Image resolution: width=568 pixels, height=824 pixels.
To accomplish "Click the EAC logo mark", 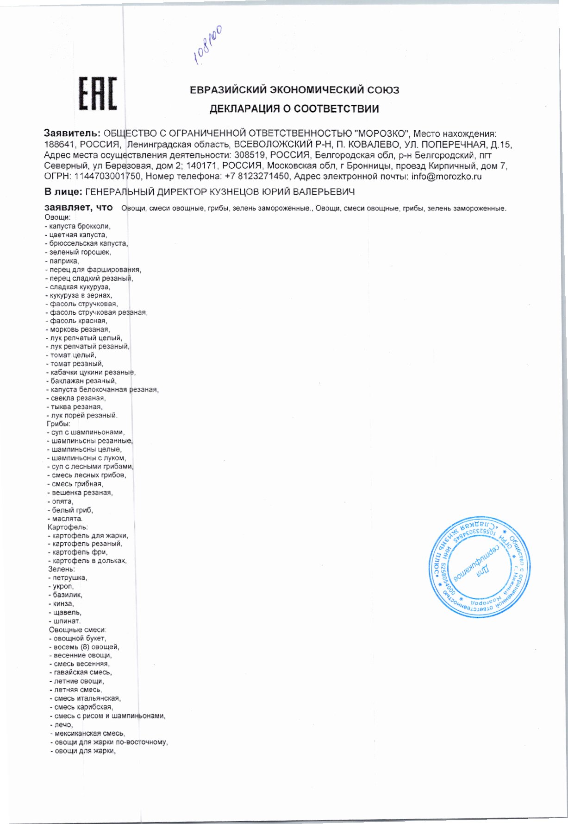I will pos(97,94).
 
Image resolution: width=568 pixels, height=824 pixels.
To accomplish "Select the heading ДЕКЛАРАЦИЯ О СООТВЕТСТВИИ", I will pos(294,109).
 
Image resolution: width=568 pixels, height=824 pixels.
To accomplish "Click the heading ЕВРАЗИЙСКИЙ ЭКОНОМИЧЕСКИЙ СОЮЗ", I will pos(294,90).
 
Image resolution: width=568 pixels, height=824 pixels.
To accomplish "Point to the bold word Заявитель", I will pos(72,133).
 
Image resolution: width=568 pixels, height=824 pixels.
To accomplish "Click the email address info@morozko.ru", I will pos(446,176).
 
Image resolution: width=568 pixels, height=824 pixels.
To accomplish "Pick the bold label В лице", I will pos(63,191).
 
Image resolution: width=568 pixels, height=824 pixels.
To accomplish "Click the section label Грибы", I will pos(58,424).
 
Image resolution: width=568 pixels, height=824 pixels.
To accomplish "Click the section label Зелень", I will pos(62,569).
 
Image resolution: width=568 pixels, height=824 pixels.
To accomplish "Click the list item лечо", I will pos(63,724).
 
